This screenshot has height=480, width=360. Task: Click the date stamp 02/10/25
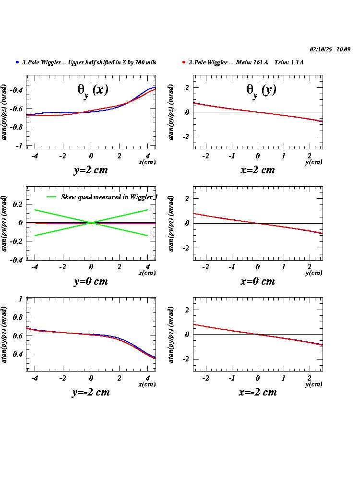(321, 49)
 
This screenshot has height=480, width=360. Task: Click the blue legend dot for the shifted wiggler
(17, 62)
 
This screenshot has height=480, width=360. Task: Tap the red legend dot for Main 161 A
(184, 62)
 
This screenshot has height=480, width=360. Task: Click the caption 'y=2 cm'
(91, 170)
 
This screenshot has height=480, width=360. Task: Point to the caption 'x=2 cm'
(257, 170)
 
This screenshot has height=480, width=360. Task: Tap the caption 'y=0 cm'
(91, 281)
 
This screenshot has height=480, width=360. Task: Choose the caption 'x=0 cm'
(257, 281)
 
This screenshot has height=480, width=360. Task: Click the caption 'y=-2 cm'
(91, 392)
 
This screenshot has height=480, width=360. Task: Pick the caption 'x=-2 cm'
(257, 392)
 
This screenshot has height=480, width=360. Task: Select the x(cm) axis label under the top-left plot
(147, 162)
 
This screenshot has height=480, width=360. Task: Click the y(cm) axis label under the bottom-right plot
(313, 384)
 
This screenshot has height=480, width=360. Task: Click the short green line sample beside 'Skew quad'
(52, 197)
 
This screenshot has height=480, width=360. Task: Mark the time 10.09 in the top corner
(343, 49)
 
